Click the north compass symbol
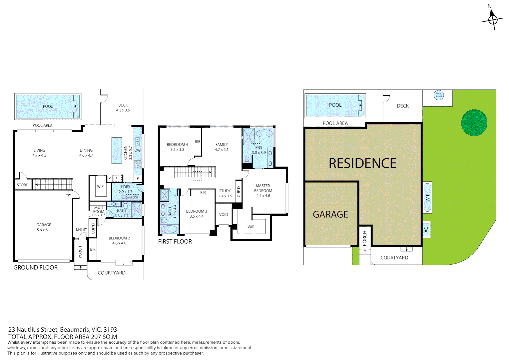point(493,19)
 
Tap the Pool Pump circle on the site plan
point(439,95)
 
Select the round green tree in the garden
point(474,123)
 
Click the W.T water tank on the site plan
point(427,197)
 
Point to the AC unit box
point(426,229)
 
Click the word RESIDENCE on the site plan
point(362,163)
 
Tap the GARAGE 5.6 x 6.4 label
point(44,227)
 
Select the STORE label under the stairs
point(22,185)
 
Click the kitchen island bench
point(117,151)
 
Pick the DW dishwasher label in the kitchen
point(138,151)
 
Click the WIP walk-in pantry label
point(100,187)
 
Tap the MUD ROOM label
point(99,210)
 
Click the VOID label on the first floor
point(224,215)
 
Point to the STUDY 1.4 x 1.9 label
point(225,193)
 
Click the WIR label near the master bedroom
point(251,227)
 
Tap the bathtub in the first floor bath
point(169,229)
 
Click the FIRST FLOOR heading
point(175,242)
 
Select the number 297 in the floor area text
point(96,337)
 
